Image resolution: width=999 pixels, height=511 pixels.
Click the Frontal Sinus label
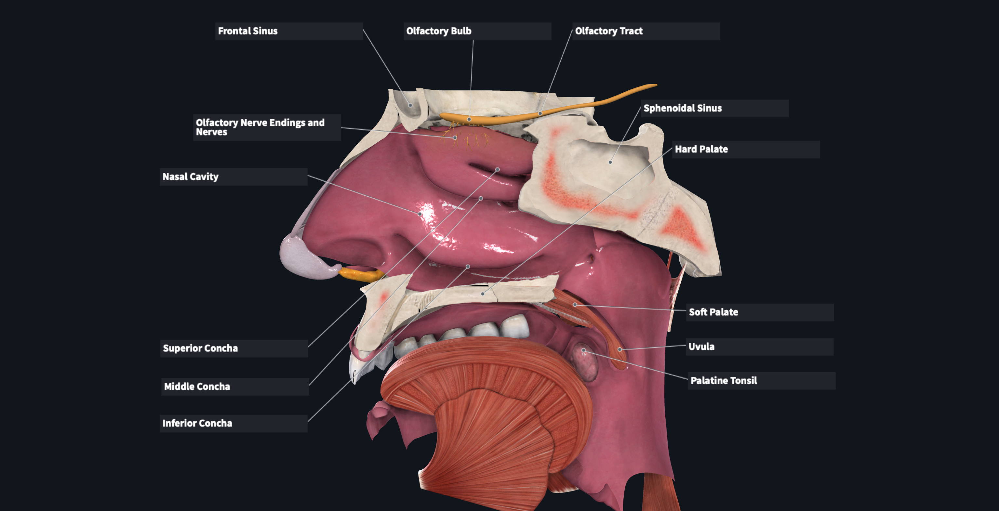coord(248,31)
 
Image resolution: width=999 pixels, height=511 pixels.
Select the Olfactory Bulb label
coord(439,31)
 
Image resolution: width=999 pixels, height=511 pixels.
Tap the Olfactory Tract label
coord(608,31)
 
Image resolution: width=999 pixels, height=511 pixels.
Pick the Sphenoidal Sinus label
coord(683,108)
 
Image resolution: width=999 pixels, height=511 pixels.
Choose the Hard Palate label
coord(701,149)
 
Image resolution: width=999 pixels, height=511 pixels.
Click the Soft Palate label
coord(713,312)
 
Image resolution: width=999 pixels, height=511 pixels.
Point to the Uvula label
coord(701,347)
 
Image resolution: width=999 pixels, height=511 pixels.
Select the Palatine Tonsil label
coord(724,381)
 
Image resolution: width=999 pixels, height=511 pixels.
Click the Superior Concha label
coord(200,348)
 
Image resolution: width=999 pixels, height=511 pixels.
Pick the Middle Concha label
coord(197,387)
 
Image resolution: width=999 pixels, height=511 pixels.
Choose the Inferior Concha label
coord(197,423)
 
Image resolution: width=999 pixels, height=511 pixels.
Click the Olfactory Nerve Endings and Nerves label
coord(260,127)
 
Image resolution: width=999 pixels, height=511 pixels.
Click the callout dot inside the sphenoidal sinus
coord(610,162)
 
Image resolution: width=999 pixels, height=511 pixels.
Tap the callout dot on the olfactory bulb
coord(469,119)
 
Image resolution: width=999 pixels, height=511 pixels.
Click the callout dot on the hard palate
coord(483,294)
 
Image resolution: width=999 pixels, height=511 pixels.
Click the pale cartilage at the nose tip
coord(302,258)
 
